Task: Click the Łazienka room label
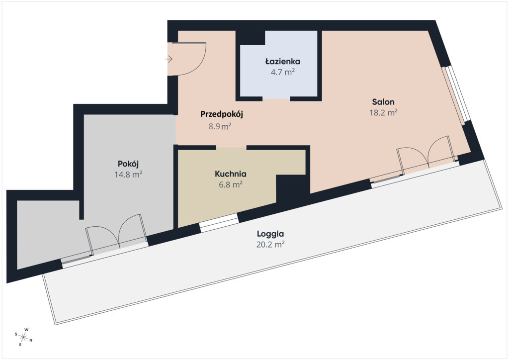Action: click(x=282, y=61)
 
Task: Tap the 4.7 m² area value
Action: click(x=283, y=72)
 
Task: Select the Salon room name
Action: click(x=383, y=102)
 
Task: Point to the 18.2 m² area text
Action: click(x=383, y=112)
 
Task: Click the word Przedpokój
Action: click(x=222, y=114)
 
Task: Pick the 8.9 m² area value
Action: click(x=220, y=126)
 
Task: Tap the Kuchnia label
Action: click(x=231, y=174)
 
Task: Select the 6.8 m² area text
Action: click(x=231, y=184)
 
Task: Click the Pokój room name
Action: click(x=128, y=164)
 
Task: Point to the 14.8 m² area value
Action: click(x=128, y=175)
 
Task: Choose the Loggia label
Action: click(x=270, y=234)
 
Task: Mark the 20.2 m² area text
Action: click(x=270, y=244)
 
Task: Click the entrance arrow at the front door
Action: click(x=169, y=59)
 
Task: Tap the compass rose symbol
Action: click(x=23, y=337)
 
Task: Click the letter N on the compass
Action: click(x=31, y=341)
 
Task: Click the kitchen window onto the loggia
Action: click(x=219, y=223)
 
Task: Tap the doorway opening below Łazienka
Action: click(x=276, y=98)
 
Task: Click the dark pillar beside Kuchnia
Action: click(x=293, y=190)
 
